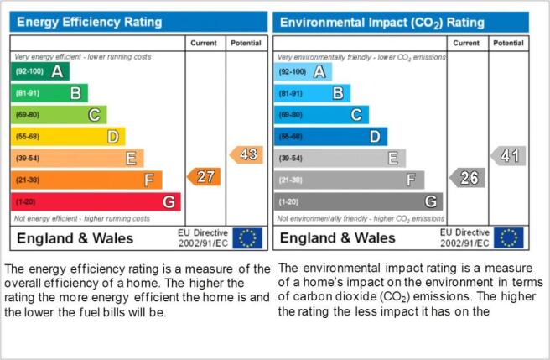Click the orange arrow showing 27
[x=204, y=177]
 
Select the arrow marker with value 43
[x=246, y=155]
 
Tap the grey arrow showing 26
[x=467, y=178]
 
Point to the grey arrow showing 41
[x=508, y=155]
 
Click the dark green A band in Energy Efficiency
[x=40, y=71]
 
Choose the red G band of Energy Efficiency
[x=96, y=202]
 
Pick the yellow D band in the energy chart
[x=68, y=136]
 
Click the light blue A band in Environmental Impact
[x=303, y=72]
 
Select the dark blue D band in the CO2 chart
[x=331, y=136]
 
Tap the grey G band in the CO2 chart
[x=359, y=201]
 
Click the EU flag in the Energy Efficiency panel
[x=247, y=238]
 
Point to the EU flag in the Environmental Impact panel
[x=509, y=237]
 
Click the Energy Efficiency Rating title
[x=90, y=22]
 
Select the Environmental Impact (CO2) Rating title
[x=382, y=23]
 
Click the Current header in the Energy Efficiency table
[x=204, y=43]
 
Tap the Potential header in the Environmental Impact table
[x=508, y=43]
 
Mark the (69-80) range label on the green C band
[x=28, y=115]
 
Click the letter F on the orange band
[x=149, y=180]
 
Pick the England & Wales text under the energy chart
[x=75, y=238]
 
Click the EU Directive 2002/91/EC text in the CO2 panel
[x=464, y=237]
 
